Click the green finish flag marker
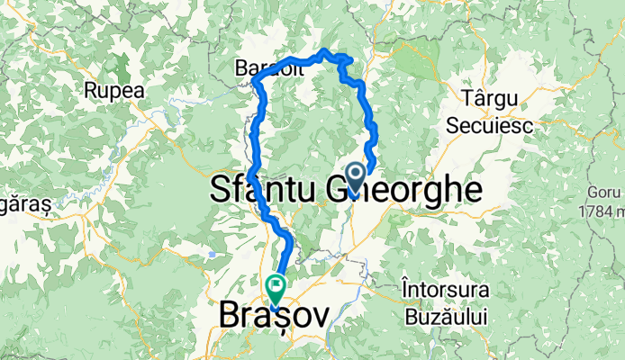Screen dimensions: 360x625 (x=275, y=288)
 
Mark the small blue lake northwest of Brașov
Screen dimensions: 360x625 (x=211, y=255)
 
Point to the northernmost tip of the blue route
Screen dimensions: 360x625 (x=324, y=50)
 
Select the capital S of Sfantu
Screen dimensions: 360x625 (x=221, y=189)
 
